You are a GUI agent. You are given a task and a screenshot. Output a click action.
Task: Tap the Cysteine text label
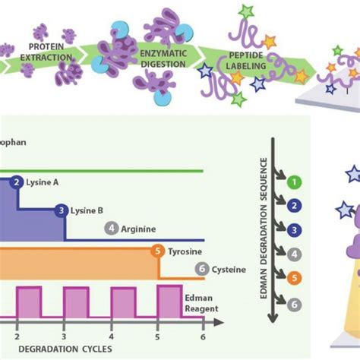pos(228,268)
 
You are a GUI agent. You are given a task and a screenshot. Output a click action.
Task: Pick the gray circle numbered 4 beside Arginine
pos(112,227)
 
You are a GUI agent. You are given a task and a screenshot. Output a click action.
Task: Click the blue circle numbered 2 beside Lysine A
pos(17,182)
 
